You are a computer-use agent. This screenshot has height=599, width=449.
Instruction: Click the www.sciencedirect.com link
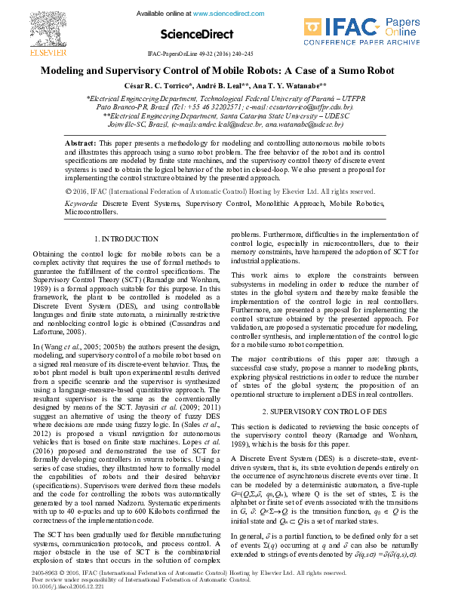[x=226, y=14]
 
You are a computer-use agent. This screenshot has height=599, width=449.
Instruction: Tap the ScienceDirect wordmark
[x=198, y=34]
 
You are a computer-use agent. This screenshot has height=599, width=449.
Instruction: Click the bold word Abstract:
[x=80, y=143]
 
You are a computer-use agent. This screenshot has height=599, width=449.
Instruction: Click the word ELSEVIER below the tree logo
[x=26, y=53]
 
